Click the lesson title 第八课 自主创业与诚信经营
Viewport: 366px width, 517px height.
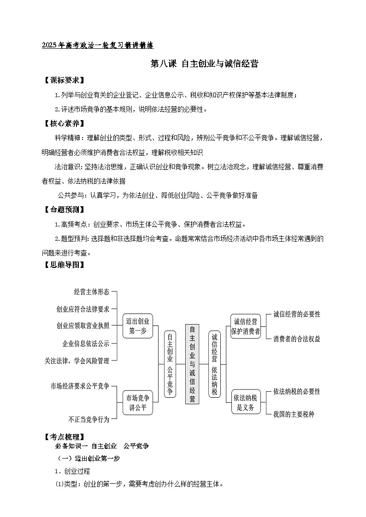(204, 64)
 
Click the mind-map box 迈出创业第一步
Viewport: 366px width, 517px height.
(138, 325)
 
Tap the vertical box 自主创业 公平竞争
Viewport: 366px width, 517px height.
(170, 364)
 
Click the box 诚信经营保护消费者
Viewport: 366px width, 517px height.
(246, 326)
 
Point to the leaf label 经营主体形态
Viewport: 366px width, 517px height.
(92, 291)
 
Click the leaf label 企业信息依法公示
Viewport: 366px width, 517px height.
(86, 343)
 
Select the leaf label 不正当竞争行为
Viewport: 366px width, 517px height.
(89, 419)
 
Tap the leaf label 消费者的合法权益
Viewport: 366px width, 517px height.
(296, 339)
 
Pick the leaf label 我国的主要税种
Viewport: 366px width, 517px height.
(293, 414)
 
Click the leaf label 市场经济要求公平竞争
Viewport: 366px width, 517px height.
(80, 386)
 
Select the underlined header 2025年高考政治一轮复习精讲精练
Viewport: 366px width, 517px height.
(97, 45)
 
